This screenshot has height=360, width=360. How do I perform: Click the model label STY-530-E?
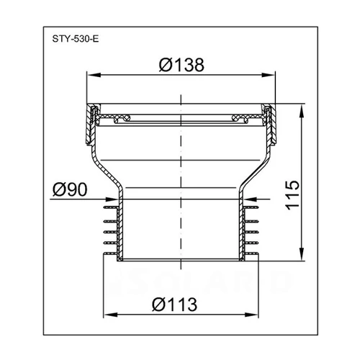76,39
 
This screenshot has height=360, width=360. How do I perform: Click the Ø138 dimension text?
181,65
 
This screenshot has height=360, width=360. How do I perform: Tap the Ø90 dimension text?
70,189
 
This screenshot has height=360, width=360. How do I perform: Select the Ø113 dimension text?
174,305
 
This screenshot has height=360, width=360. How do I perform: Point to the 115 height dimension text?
293,195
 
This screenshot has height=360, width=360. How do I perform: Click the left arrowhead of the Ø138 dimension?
94,75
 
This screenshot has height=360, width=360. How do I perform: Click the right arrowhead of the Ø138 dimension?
268,75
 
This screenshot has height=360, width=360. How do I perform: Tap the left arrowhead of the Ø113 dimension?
111,315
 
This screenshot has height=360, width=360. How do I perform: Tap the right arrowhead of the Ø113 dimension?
251,315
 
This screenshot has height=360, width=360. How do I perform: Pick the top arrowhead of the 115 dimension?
302,110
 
